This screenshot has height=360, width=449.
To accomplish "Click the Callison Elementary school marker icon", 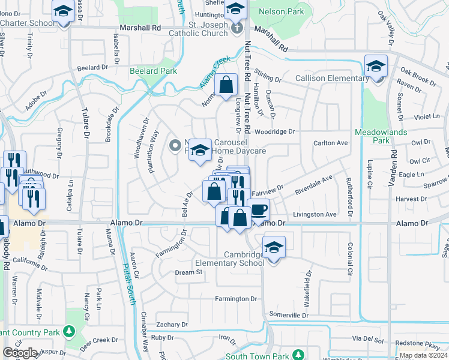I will pyautogui.click(x=376, y=66).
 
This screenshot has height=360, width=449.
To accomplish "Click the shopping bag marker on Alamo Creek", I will pyautogui.click(x=226, y=86).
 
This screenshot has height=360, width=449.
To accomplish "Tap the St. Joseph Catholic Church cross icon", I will pyautogui.click(x=237, y=27).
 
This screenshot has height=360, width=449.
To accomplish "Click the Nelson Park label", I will pyautogui.click(x=282, y=11).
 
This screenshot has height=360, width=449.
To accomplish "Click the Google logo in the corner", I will pyautogui.click(x=20, y=353).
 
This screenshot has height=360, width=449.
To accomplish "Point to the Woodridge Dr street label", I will pyautogui.click(x=275, y=131).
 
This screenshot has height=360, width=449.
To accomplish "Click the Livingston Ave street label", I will pyautogui.click(x=315, y=214).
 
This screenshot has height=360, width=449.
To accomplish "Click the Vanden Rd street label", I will pyautogui.click(x=394, y=167).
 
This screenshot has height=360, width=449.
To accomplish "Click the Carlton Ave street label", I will pyautogui.click(x=331, y=143).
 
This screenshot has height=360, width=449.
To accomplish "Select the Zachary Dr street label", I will pyautogui.click(x=172, y=325).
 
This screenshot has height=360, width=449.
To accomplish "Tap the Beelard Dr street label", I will pyautogui.click(x=92, y=68).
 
